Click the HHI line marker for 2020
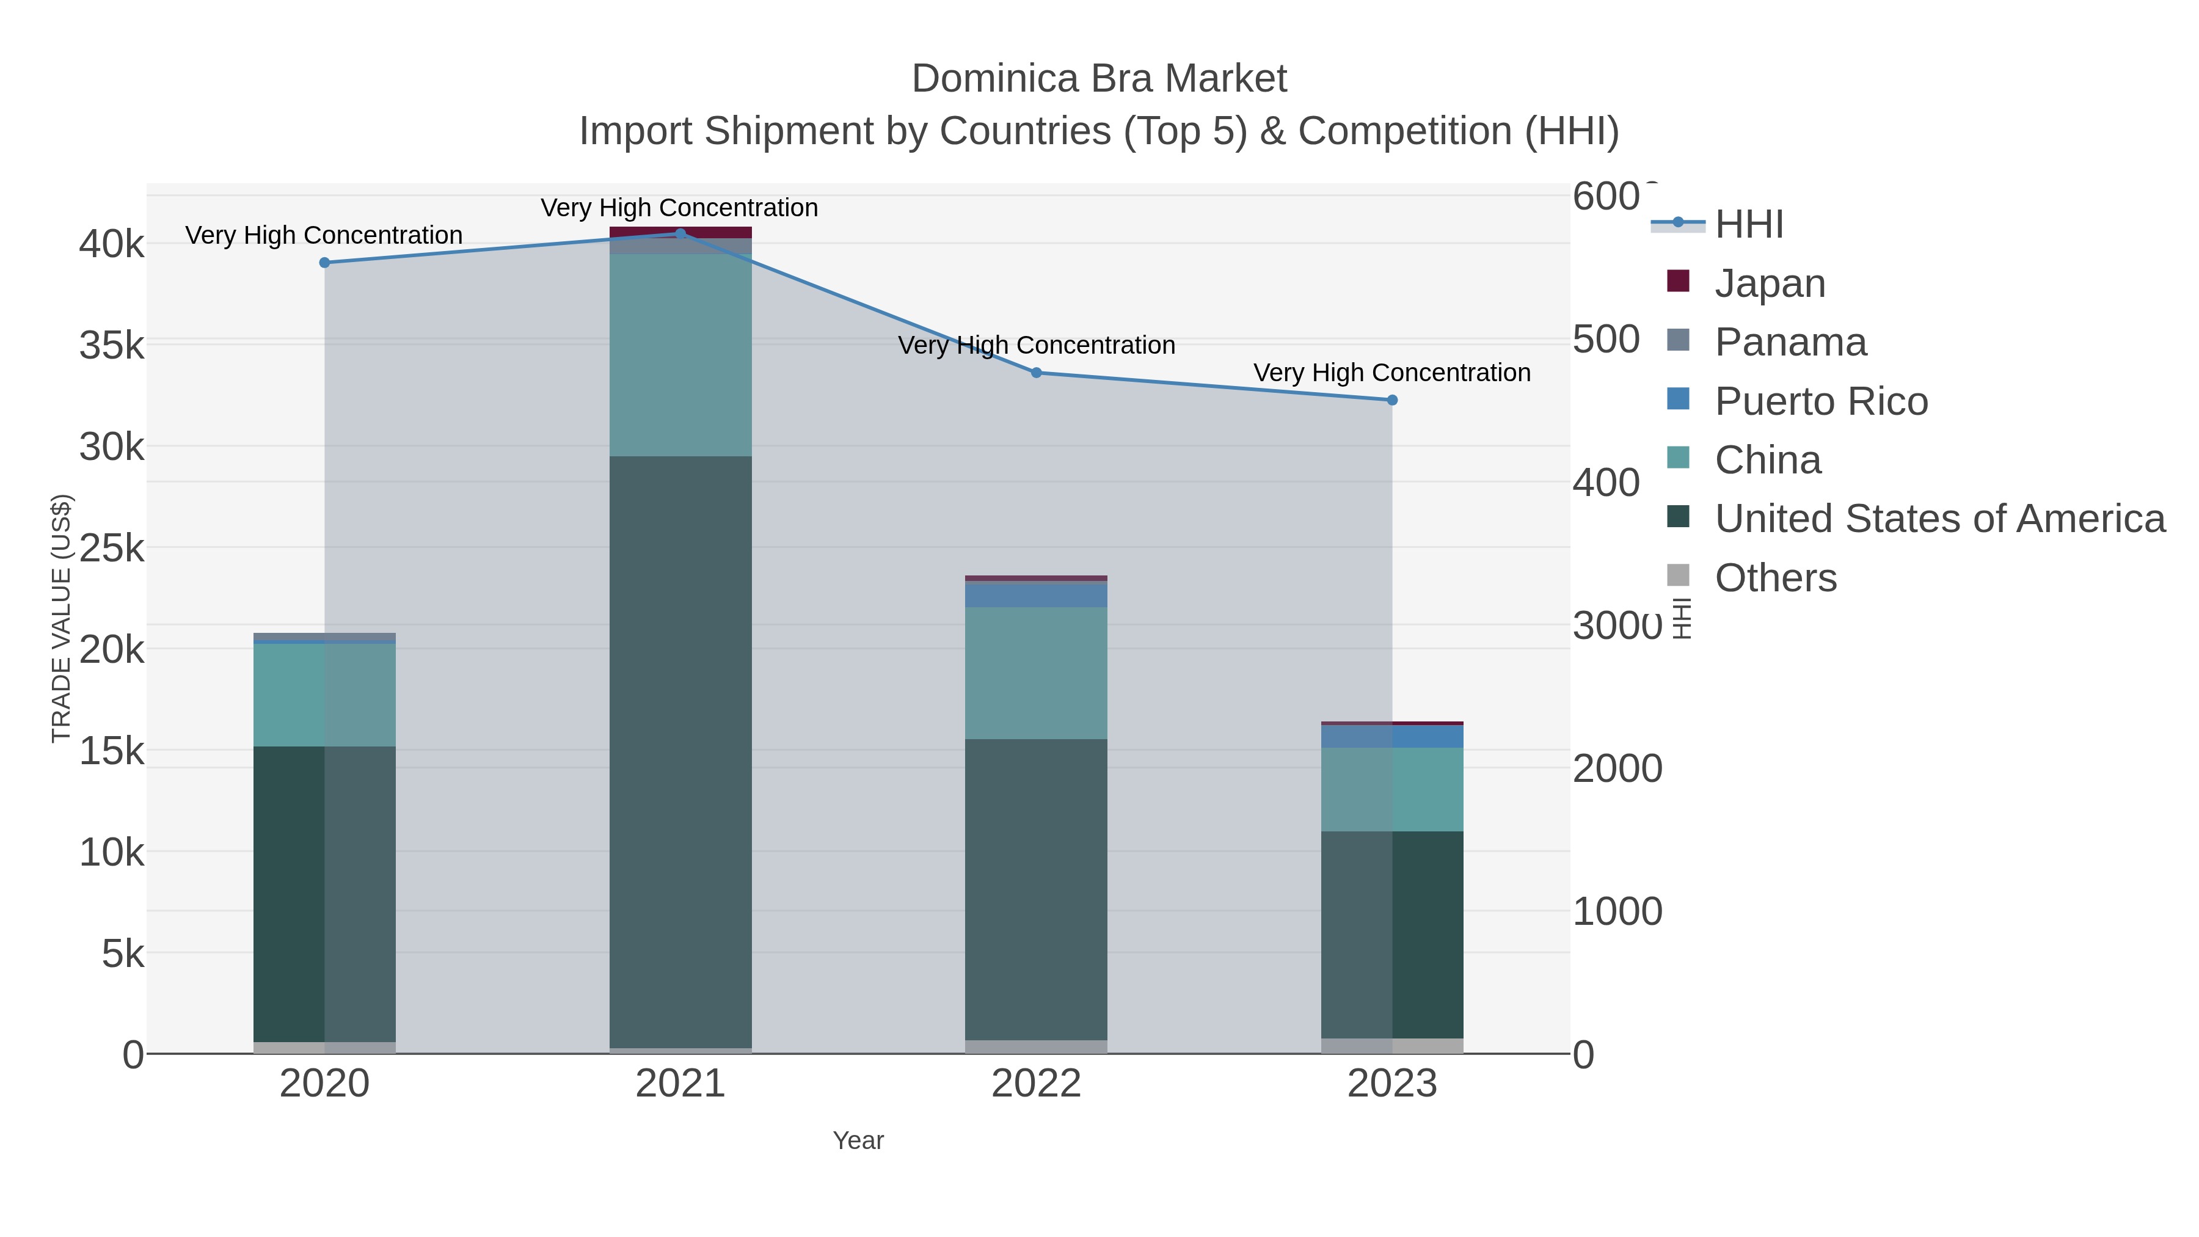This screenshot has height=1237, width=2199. pyautogui.click(x=324, y=263)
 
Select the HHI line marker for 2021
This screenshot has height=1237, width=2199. pyautogui.click(x=680, y=233)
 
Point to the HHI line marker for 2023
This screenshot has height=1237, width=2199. pyautogui.click(x=1392, y=400)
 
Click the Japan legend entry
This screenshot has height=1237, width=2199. pyautogui.click(x=1769, y=283)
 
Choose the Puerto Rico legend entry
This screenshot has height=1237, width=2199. pyautogui.click(x=1820, y=401)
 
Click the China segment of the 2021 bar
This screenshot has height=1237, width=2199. pyautogui.click(x=680, y=355)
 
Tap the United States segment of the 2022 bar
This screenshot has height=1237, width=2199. pyautogui.click(x=1037, y=888)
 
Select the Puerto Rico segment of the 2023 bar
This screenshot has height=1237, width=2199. pyautogui.click(x=1392, y=736)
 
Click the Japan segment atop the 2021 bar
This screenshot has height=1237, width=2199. pyautogui.click(x=680, y=232)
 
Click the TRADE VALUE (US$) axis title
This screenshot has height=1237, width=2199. pyautogui.click(x=62, y=618)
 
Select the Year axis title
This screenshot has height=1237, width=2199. pyautogui.click(x=858, y=1140)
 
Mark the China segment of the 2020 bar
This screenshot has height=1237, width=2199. pyautogui.click(x=324, y=695)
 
